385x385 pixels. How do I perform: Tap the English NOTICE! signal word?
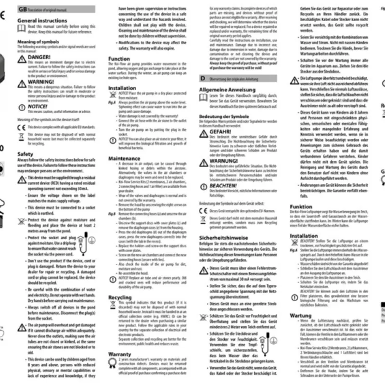pyautogui.click(x=38, y=106)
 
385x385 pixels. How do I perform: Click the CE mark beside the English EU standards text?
pyautogui.click(x=21, y=127)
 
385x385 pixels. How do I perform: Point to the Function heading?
pyautogui.click(x=119, y=59)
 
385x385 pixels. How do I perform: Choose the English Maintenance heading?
pyautogui.click(x=124, y=158)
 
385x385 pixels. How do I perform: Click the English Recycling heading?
pyautogui.click(x=120, y=297)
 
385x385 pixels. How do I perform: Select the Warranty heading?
pyautogui.click(x=120, y=354)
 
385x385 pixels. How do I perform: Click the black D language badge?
pyautogui.click(x=203, y=78)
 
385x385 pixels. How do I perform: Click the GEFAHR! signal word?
pyautogui.click(x=221, y=131)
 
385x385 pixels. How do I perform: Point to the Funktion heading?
pyautogui.click(x=301, y=206)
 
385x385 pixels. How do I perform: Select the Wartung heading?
pyautogui.click(x=301, y=315)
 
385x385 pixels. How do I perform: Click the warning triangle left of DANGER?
pyautogui.click(x=22, y=58)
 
